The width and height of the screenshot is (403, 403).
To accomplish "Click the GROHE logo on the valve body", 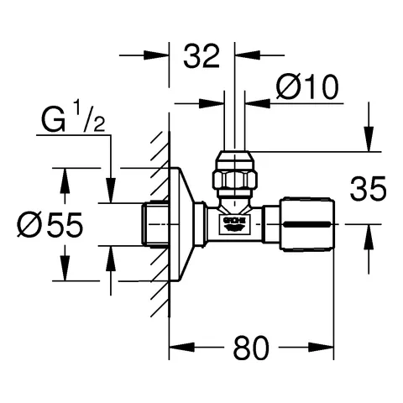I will [234, 222].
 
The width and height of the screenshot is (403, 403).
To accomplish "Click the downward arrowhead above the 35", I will [367, 142].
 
